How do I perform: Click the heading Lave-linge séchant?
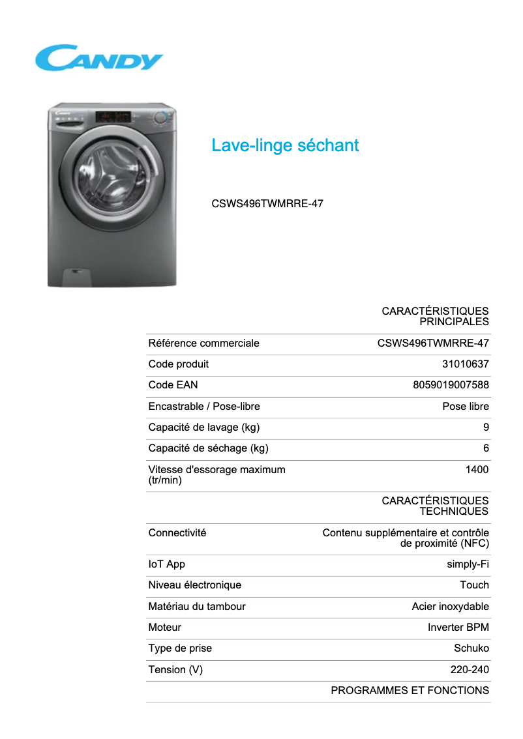pyautogui.click(x=285, y=145)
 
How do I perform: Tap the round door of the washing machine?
pyautogui.click(x=104, y=174)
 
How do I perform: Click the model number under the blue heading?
pyautogui.click(x=267, y=203)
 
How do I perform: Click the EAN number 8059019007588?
pyautogui.click(x=451, y=385)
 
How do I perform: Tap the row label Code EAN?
pyautogui.click(x=173, y=385)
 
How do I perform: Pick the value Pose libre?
pyautogui.click(x=465, y=407)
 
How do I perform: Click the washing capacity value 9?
pyautogui.click(x=486, y=427)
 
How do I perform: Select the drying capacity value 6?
pyautogui.click(x=486, y=448)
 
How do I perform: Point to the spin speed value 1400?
pyautogui.click(x=477, y=469)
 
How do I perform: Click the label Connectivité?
pyautogui.click(x=177, y=533)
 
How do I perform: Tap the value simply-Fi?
pyautogui.click(x=467, y=564)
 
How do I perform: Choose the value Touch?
pyautogui.click(x=474, y=585)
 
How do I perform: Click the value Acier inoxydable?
pyautogui.click(x=450, y=607)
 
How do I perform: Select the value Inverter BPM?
pyautogui.click(x=458, y=628)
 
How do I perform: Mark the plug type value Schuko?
pyautogui.click(x=471, y=648)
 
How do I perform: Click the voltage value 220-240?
pyautogui.click(x=470, y=670)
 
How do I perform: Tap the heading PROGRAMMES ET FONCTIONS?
pyautogui.click(x=410, y=691)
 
